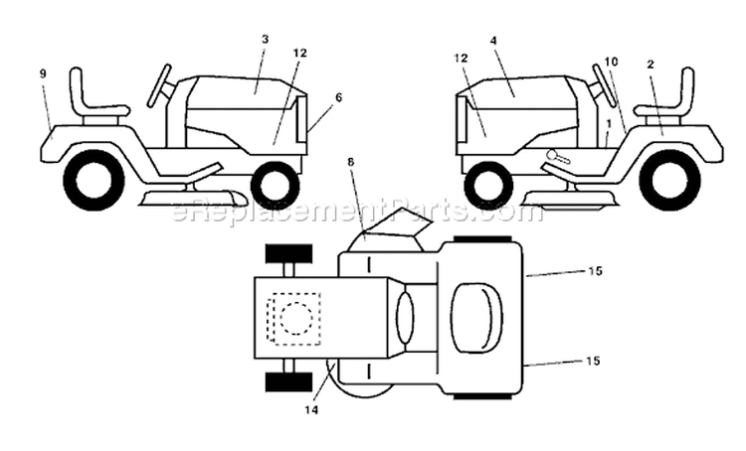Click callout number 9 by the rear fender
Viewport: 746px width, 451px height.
[43, 74]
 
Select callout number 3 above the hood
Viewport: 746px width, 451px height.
[265, 39]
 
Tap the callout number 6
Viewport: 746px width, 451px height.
[338, 97]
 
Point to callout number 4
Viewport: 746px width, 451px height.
[493, 41]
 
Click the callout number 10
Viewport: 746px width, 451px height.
[611, 62]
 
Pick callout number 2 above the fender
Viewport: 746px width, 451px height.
[651, 65]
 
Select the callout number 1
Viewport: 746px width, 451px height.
[609, 123]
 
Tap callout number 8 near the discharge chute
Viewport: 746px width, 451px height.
[351, 162]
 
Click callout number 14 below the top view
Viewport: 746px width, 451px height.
[311, 409]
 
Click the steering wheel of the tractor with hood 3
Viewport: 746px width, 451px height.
[159, 85]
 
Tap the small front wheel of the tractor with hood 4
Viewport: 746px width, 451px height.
[486, 185]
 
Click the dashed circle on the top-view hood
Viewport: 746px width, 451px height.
[296, 318]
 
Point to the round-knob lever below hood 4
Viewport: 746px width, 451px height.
[557, 156]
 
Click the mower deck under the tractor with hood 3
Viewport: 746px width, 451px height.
[192, 198]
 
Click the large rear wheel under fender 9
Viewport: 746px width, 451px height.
[93, 180]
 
